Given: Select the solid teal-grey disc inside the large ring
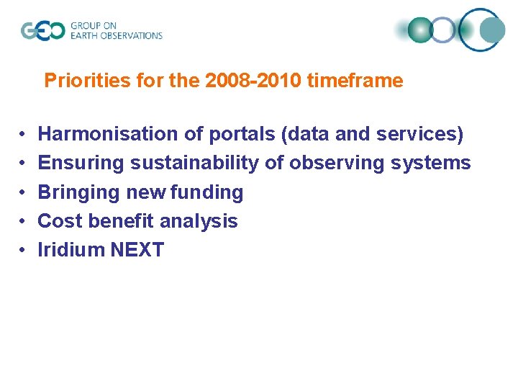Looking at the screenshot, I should point(492,30).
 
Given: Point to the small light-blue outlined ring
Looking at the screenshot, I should point(444,30).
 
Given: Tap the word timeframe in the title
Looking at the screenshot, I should point(355,81).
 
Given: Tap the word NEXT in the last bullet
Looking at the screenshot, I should point(137,250).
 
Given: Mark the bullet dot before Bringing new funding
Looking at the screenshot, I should point(24,192).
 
